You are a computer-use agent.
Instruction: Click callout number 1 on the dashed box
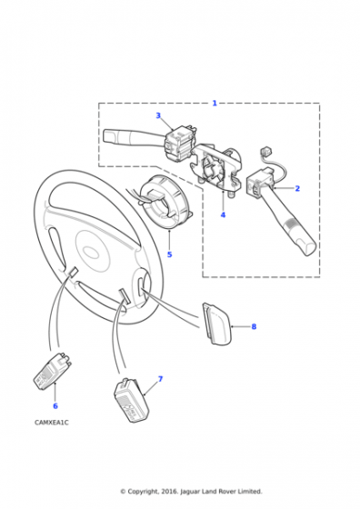click(215, 104)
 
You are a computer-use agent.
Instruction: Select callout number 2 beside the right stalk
click(297, 188)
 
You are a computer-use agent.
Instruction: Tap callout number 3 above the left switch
click(158, 115)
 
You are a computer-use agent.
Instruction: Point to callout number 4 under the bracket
click(223, 215)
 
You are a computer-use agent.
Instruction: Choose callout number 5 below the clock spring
click(169, 254)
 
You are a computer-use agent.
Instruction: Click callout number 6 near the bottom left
click(55, 405)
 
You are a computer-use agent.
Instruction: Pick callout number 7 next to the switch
click(160, 379)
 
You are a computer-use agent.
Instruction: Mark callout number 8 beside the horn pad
click(254, 326)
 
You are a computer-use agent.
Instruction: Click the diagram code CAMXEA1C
click(52, 423)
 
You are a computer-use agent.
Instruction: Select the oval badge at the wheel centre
click(91, 252)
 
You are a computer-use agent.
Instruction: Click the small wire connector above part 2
click(266, 151)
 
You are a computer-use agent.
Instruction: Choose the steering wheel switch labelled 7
click(131, 400)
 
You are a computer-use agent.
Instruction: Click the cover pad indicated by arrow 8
click(216, 324)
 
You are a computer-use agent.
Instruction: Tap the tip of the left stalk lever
click(105, 135)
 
